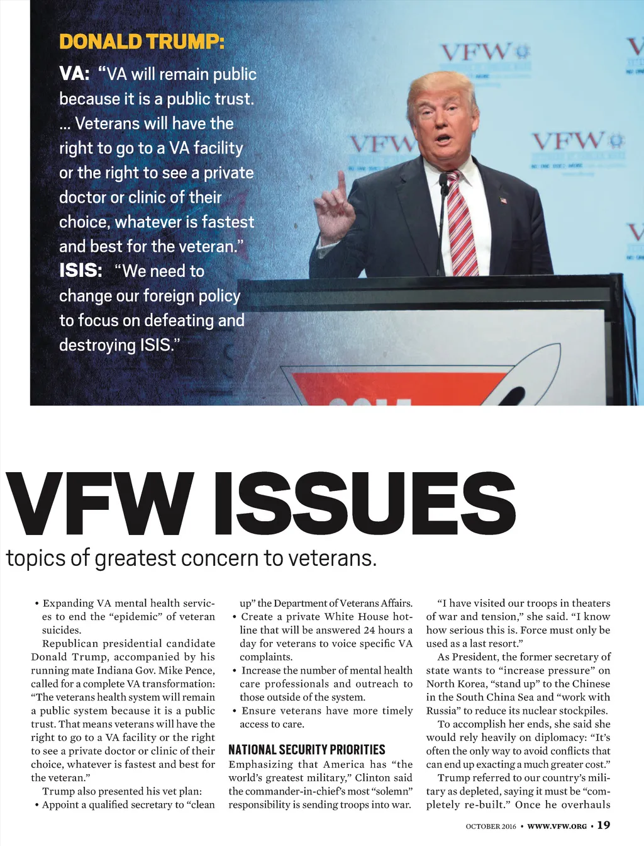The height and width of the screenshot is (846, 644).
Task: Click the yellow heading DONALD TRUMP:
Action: tap(142, 42)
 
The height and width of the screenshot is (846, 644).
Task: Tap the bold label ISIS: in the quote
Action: tap(80, 271)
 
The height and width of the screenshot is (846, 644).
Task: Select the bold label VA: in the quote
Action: tap(74, 74)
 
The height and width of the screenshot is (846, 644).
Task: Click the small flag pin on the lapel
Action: tap(503, 200)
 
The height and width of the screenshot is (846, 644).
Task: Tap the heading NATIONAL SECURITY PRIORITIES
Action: tap(306, 750)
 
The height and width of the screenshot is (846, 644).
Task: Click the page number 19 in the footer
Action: tap(603, 825)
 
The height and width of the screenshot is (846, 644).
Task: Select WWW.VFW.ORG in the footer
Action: tap(557, 826)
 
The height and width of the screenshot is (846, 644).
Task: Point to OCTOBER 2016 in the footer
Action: tap(491, 826)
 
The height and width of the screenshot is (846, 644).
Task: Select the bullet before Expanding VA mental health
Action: tap(37, 604)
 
